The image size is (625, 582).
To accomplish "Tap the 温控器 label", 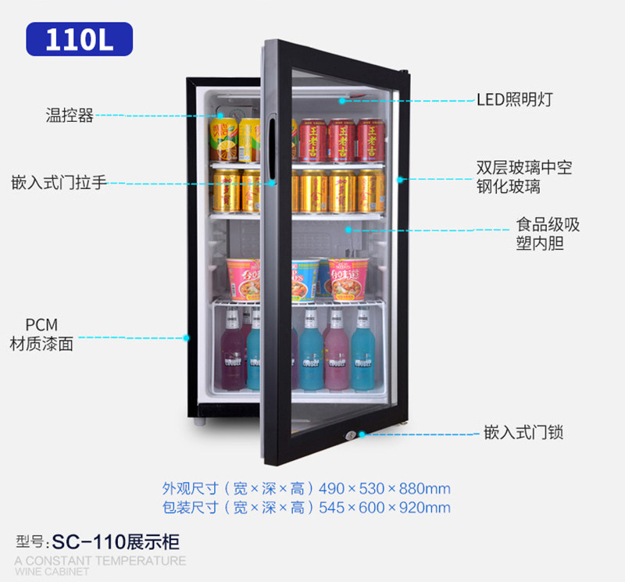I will coord(70,116).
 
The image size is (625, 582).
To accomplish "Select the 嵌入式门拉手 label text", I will coord(59,183).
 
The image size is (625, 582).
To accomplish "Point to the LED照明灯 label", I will coord(515,99).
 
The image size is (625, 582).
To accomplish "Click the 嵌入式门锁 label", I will coord(523,432).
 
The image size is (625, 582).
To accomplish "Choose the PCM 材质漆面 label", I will coord(41,334).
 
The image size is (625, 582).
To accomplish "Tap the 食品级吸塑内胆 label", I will coord(547,234).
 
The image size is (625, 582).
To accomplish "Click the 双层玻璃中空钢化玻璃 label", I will coord(524,177).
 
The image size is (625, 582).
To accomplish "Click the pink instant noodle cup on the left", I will coord(243,279).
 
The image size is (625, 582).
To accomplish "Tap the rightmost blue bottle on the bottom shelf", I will coord(362,351).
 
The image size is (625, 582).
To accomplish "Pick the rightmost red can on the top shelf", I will coord(371,140).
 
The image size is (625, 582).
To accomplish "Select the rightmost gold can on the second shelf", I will coord(370,191).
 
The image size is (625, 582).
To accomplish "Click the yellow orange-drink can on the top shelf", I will coord(223,139).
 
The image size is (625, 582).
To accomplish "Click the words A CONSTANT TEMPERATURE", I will coord(100,560).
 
